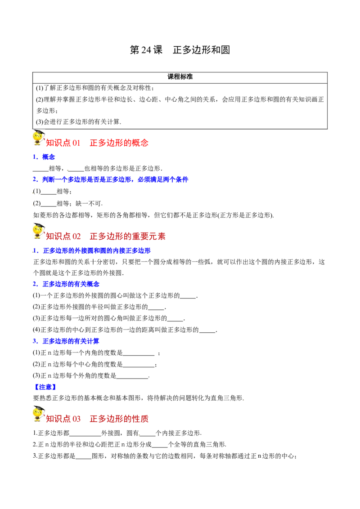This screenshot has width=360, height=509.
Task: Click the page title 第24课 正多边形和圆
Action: click(x=180, y=49)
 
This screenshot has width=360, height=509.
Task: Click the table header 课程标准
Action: click(x=180, y=77)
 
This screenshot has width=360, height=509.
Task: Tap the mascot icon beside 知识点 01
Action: click(x=39, y=138)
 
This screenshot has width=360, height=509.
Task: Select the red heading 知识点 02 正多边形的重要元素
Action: click(x=106, y=237)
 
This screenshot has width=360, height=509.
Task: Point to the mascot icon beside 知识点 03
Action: click(x=39, y=414)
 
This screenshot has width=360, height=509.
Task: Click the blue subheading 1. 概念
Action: click(x=44, y=157)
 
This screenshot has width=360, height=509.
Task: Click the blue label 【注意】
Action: click(x=45, y=387)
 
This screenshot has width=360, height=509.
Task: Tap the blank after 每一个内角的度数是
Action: click(x=139, y=356)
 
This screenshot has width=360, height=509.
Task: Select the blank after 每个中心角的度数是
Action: click(x=139, y=367)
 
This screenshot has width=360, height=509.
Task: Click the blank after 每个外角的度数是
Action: click(x=132, y=378)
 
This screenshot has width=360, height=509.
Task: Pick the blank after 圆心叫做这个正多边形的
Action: click(x=188, y=298)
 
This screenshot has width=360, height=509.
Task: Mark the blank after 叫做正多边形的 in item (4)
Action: click(x=207, y=332)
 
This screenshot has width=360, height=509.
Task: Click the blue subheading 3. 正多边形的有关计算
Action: click(x=66, y=341)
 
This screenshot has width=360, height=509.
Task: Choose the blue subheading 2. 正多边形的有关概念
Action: click(x=66, y=284)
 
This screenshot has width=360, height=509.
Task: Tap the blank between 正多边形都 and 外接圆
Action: click(x=85, y=435)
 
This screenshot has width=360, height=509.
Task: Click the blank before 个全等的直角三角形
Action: click(x=160, y=446)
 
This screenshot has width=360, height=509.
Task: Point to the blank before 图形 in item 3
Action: click(x=84, y=458)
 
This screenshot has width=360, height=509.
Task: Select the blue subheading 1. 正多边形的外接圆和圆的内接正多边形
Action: click(x=92, y=250)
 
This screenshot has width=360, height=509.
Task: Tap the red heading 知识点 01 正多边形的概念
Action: click(x=97, y=143)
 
